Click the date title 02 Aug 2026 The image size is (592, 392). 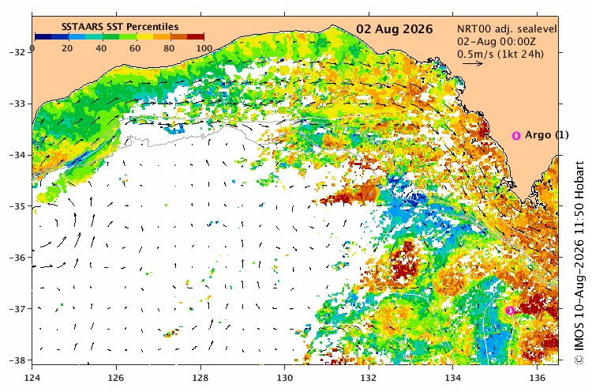click(x=395, y=29)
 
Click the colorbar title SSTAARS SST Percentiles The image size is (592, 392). click(x=120, y=26)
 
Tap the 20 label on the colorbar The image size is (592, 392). click(x=67, y=48)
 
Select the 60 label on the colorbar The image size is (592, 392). click(x=135, y=48)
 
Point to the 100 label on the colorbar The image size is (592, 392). click(x=204, y=48)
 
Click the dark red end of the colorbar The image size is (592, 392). click(x=196, y=36)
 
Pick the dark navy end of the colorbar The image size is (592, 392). click(x=43, y=36)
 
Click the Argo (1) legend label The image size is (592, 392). click(x=547, y=135)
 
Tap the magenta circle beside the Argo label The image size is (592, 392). click(x=516, y=136)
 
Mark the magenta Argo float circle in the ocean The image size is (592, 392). click(x=510, y=311)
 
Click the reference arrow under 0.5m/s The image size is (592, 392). click(x=473, y=63)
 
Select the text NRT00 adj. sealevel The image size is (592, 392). click(x=507, y=29)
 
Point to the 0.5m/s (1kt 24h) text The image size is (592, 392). click(x=500, y=54)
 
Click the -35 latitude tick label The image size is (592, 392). click(x=17, y=206)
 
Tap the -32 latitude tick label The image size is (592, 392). click(x=17, y=52)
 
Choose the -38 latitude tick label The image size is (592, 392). click(x=17, y=360)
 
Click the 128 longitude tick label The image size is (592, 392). click(x=200, y=378)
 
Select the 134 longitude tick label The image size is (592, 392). click(x=453, y=378)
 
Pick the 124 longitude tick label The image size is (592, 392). click(x=32, y=378)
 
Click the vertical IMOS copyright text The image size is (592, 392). click(x=579, y=262)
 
